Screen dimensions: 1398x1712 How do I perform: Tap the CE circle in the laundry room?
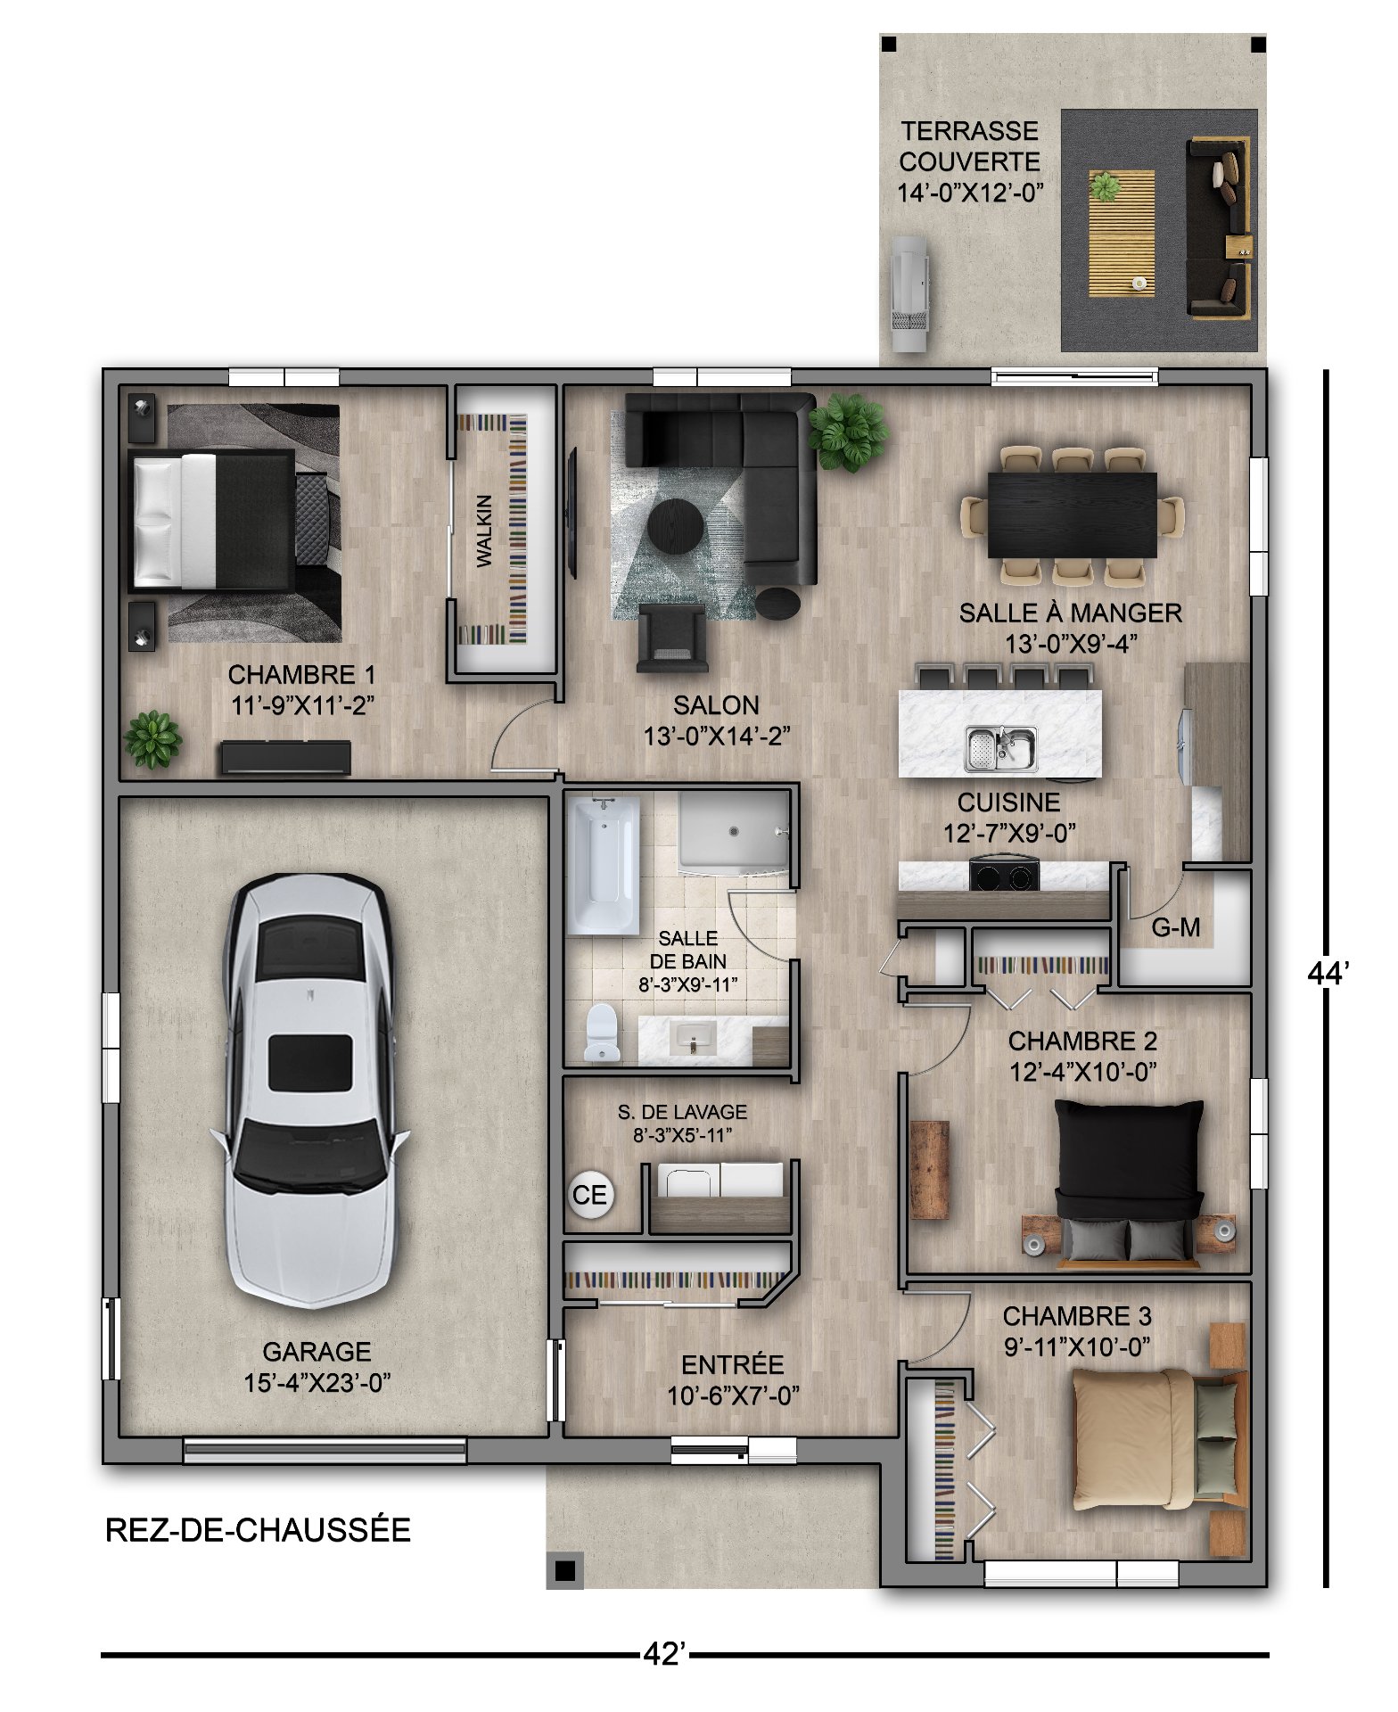589,1194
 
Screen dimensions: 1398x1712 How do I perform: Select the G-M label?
1175,928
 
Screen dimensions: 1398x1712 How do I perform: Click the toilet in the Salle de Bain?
602,1033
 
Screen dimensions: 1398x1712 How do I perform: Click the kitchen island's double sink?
1001,748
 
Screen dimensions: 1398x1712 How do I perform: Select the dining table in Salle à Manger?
1072,514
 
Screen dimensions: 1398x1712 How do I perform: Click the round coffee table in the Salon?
675,526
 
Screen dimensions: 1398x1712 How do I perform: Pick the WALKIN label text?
483,531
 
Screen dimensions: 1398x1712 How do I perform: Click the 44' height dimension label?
1328,974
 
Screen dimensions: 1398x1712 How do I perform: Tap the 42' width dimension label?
664,1654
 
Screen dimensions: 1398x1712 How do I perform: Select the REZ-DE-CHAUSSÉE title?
258,1530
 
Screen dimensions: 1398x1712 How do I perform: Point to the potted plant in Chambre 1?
152,739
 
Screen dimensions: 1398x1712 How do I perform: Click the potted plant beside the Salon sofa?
848,432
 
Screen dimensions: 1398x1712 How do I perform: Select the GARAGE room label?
317,1352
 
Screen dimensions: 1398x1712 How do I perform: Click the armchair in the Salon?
672,638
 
